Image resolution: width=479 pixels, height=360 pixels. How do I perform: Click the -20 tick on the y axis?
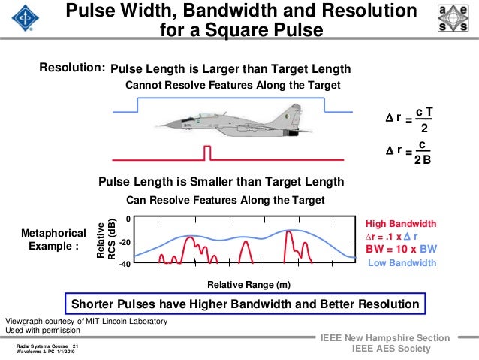[x=126, y=242]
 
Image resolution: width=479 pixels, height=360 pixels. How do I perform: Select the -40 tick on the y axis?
[x=126, y=264]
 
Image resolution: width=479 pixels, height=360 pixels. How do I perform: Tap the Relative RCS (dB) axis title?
[x=107, y=241]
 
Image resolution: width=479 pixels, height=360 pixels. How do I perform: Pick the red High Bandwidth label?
[x=400, y=224]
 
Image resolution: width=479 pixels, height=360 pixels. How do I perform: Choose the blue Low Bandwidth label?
[x=402, y=263]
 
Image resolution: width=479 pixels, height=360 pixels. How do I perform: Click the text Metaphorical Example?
[x=53, y=240]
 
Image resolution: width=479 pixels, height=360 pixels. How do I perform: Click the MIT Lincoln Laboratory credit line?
[x=86, y=321]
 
